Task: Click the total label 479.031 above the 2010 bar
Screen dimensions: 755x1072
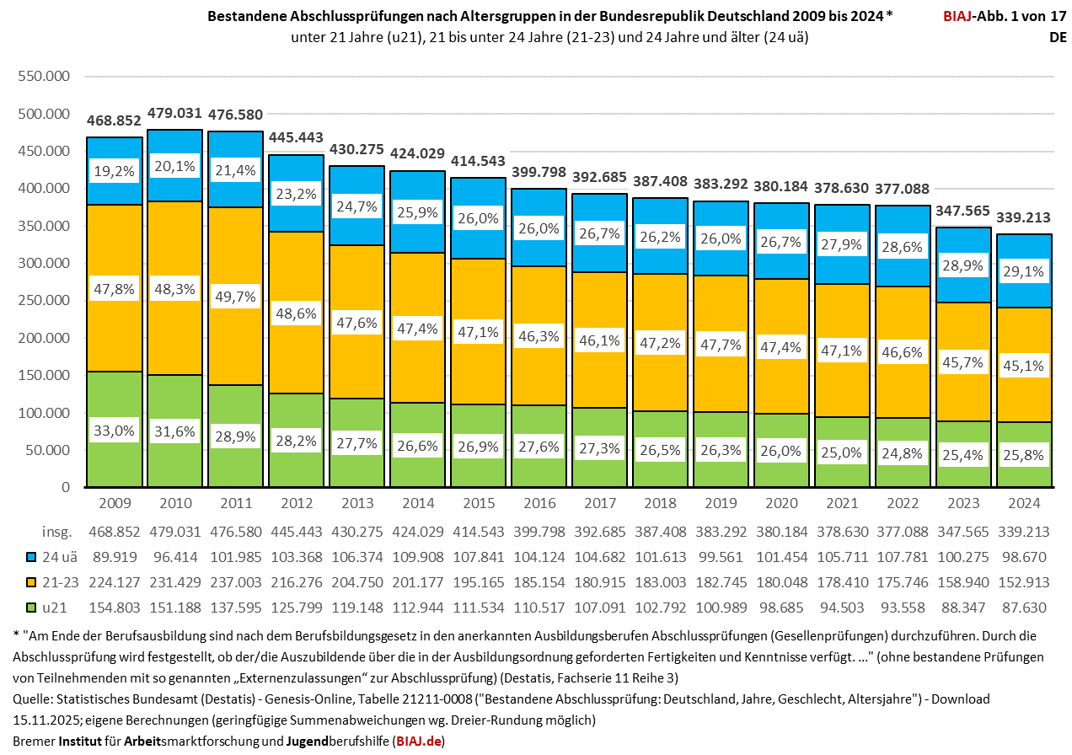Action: [175, 113]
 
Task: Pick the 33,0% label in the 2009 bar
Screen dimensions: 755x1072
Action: [114, 431]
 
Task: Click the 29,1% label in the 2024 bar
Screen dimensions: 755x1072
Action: [1025, 271]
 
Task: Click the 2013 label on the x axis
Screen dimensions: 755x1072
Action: [357, 503]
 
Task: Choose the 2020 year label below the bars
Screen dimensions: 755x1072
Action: [782, 503]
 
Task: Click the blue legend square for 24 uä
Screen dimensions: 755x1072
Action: [32, 556]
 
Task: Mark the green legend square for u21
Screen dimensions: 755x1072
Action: [32, 605]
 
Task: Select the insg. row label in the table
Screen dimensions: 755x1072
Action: [57, 532]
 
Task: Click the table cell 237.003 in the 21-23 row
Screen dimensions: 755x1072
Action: [236, 581]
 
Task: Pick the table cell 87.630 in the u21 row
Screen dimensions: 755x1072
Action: [1025, 605]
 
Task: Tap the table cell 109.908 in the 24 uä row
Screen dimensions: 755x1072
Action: [418, 556]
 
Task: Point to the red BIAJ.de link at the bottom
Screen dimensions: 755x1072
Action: [419, 741]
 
